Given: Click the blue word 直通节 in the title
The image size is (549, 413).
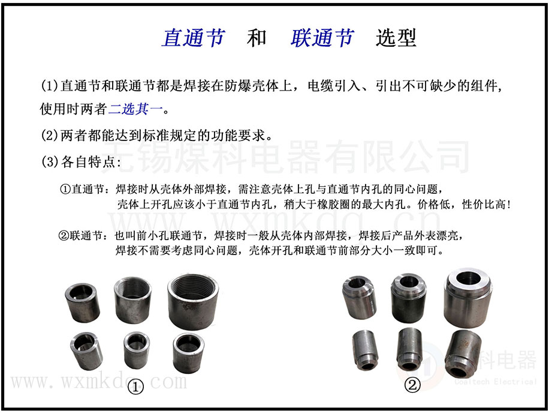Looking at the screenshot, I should click(193, 38).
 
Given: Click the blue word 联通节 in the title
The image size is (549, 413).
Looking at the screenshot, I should click(322, 38).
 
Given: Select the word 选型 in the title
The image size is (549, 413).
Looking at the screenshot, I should click(396, 38).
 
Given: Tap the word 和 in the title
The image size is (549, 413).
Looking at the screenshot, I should click(257, 38).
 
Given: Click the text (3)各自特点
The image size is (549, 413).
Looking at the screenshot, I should click(81, 161).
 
